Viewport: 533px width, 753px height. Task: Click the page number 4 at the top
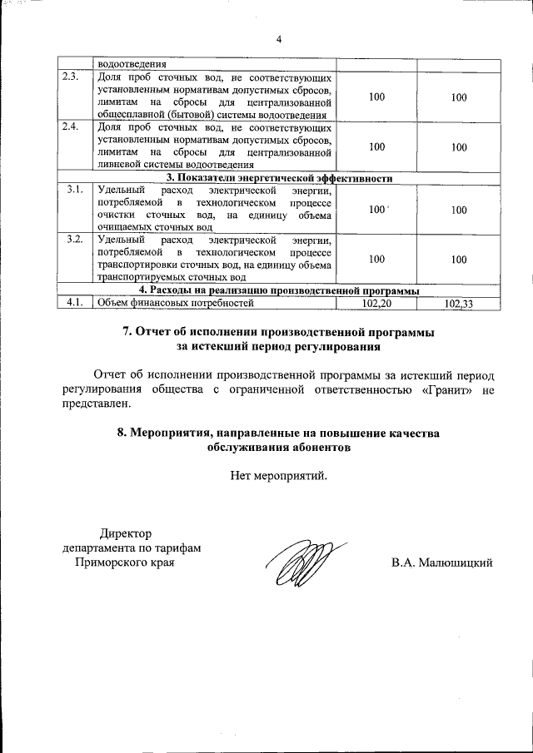[x=279, y=38]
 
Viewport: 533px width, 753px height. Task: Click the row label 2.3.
[x=72, y=78]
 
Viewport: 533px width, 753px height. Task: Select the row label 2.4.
[x=72, y=128]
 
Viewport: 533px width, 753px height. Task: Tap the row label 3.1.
[x=73, y=191]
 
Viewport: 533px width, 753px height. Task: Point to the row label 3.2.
[x=73, y=240]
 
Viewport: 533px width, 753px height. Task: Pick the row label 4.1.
[x=73, y=302]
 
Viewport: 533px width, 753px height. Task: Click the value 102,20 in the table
[x=376, y=303]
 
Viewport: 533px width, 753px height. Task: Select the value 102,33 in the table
[x=459, y=304]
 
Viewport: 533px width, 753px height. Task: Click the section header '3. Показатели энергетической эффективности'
[x=278, y=178]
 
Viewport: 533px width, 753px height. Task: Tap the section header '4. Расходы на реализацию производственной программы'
[x=278, y=290]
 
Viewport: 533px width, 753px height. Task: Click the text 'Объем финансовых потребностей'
[x=174, y=303]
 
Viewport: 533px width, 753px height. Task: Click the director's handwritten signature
[x=299, y=562]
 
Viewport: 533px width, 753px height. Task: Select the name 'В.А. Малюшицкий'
[x=442, y=563]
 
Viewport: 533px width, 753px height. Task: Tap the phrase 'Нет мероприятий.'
[x=279, y=476]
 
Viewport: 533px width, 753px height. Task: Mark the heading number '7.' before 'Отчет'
[x=128, y=331]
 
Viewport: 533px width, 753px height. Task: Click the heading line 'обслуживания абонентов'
[x=279, y=447]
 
